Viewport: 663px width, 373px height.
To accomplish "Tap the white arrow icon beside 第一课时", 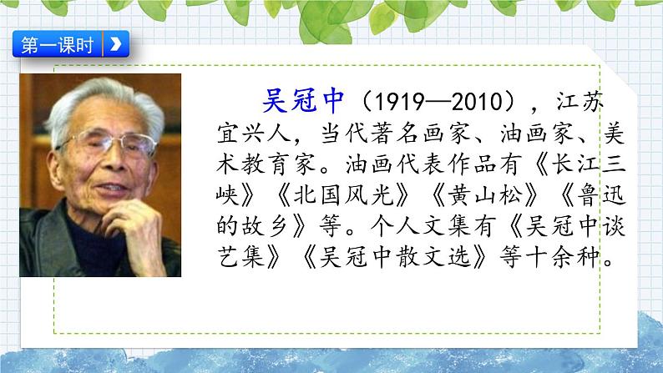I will pos(115,44).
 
